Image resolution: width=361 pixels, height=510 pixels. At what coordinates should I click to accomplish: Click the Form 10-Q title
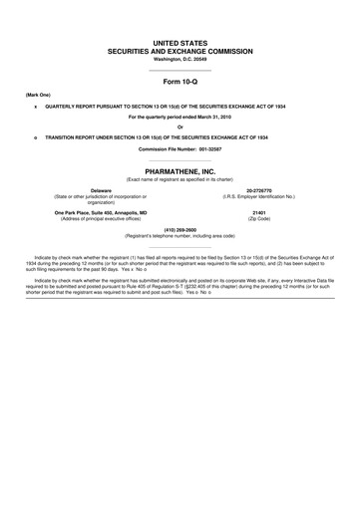[x=180, y=81]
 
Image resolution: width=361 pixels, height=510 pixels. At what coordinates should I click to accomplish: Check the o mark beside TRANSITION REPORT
[x=36, y=136]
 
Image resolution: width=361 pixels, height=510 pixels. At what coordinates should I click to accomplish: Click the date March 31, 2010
[x=216, y=117]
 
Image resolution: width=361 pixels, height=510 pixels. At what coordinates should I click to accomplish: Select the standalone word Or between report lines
[x=180, y=127]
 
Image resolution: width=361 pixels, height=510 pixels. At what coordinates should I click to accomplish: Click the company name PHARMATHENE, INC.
[x=180, y=171]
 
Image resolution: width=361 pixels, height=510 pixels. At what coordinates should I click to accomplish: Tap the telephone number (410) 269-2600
[x=180, y=230]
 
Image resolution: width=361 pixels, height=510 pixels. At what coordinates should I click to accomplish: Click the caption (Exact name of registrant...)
[x=180, y=179]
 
